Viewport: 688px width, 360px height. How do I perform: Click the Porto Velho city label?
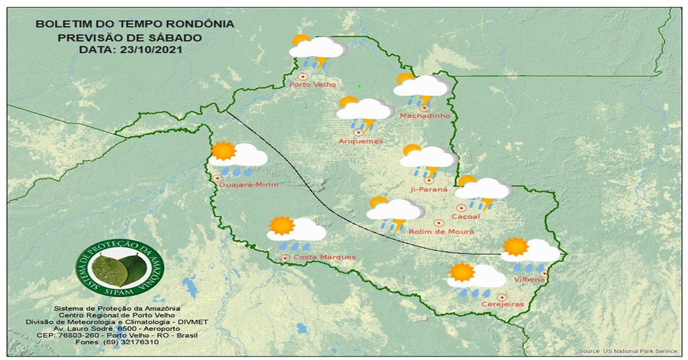pos(312,85)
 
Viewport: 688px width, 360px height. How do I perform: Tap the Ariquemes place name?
pos(361,142)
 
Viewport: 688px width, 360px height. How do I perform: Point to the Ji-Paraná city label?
pos(428,189)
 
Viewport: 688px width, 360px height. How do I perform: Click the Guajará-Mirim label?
pos(249,185)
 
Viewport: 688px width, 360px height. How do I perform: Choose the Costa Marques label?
pos(324,258)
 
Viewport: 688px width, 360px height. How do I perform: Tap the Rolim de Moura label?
pos(441,232)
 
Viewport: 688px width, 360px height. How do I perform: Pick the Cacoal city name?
pos(465,217)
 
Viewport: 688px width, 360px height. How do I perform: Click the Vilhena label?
pos(529,279)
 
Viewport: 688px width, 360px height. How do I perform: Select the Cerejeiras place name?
pos(502,304)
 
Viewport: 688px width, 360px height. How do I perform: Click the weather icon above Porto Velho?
pos(318,51)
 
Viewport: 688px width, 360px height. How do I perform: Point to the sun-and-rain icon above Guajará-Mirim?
pos(237,158)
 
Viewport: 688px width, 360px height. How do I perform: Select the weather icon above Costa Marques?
pos(295,232)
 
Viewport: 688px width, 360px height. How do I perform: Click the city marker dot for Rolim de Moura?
pos(439,222)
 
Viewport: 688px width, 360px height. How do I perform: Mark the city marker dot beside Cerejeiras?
pos(502,297)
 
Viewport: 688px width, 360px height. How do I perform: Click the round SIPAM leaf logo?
pos(120,268)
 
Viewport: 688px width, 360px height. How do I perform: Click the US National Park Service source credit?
pos(627,351)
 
